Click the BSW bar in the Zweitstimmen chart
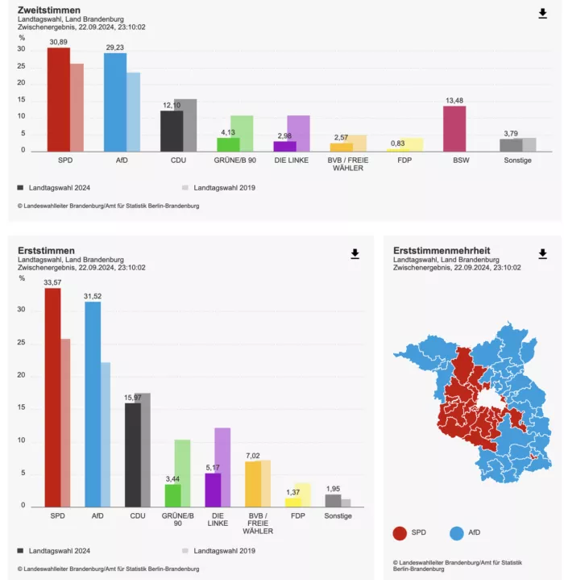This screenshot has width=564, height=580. pos(454,129)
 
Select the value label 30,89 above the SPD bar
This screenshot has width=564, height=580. pos(58,42)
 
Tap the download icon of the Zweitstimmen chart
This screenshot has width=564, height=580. pos(542,14)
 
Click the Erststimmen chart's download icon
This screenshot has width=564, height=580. pos(355,254)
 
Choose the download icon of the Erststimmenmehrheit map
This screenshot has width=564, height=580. pos(542,254)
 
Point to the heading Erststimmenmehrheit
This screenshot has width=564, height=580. pos(442,250)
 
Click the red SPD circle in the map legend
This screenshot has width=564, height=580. pos(400,533)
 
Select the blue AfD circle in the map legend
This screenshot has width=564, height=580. pos(457,533)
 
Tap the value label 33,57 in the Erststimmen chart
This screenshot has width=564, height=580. pos(52,282)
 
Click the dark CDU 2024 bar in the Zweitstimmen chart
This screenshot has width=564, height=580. pos(172,131)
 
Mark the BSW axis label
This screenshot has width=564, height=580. pos(461,161)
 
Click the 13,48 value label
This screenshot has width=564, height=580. pos(454,101)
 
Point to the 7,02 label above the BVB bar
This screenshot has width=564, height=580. pos(253,456)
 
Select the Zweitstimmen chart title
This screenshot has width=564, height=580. pos(49,10)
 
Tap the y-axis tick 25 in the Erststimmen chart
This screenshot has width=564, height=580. pos(21,342)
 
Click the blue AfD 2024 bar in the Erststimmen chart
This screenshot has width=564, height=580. pos(93,404)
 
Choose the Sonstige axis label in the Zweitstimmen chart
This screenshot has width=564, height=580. pos(517,161)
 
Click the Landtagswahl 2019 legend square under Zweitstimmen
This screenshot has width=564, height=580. pos(185,187)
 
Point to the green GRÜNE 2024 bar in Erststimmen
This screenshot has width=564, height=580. pos(173,495)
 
